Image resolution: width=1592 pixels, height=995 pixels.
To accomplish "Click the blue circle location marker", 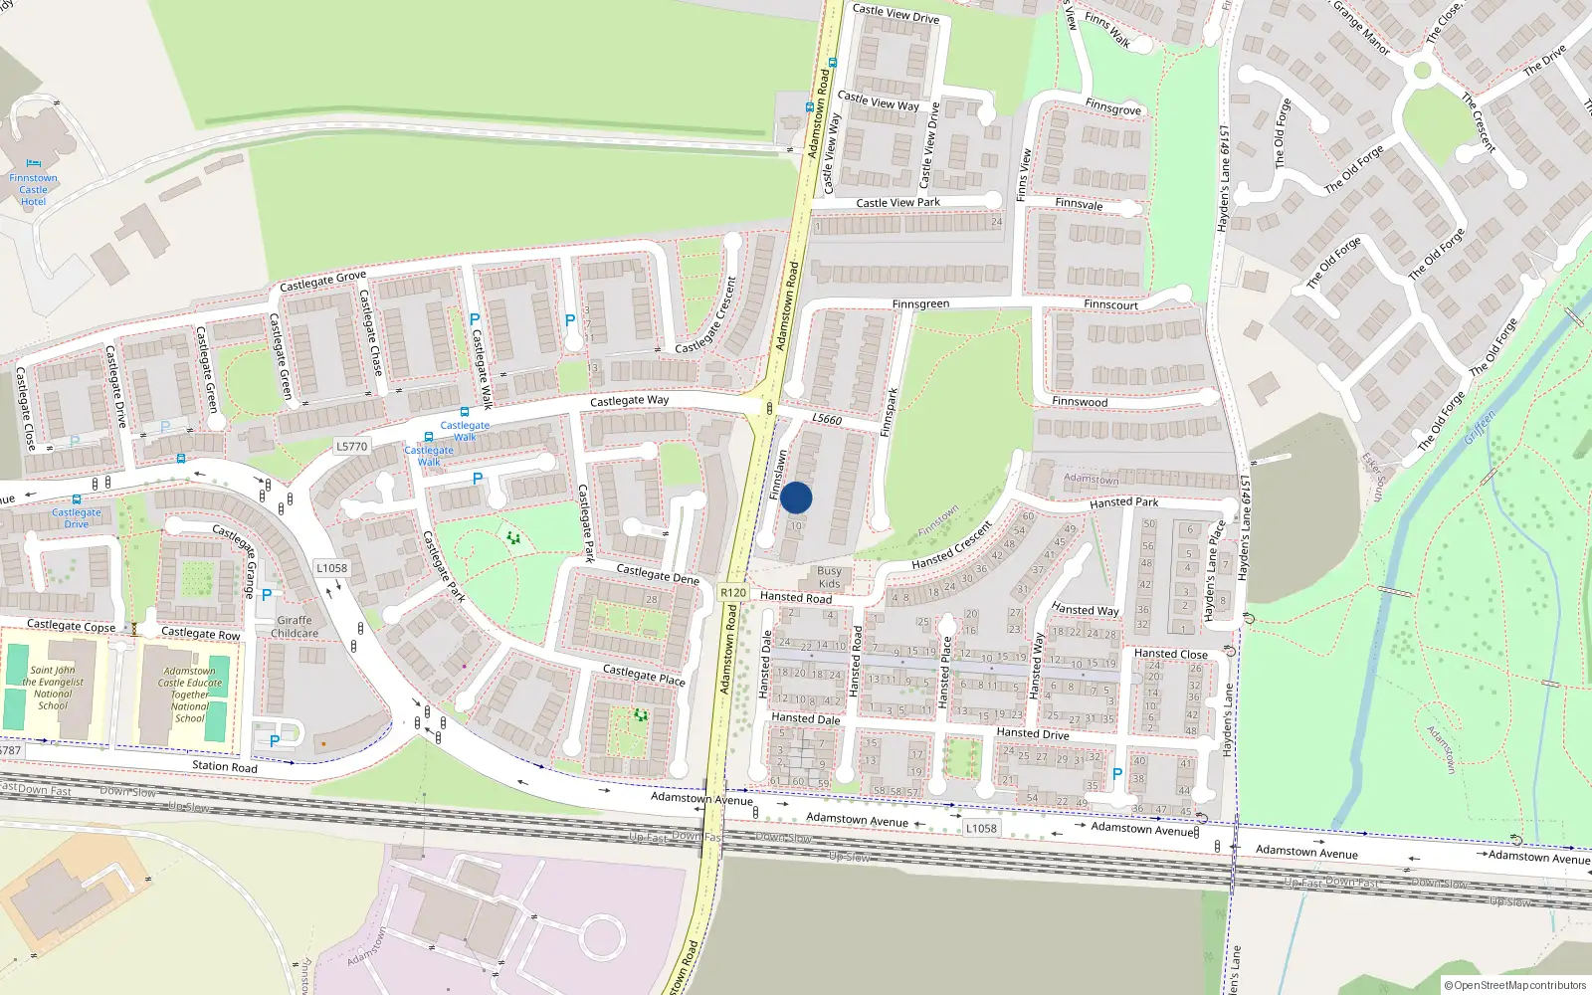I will pos(796,497).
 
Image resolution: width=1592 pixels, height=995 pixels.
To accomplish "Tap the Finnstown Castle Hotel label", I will pos(33,189).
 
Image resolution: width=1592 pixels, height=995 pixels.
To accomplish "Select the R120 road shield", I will pos(733,592).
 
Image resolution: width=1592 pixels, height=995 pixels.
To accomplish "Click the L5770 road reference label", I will pos(351,447).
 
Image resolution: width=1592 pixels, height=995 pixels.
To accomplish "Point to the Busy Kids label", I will pos(829,577).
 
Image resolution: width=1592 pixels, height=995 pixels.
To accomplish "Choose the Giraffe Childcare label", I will pos(295,627).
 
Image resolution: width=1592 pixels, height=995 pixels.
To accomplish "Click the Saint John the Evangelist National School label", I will pos(53,688).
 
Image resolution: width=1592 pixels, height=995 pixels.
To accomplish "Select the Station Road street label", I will pos(224,766).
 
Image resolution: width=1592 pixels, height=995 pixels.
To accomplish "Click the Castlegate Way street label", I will pos(629,401).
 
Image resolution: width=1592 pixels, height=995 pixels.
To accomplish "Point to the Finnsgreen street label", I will pos(920,304).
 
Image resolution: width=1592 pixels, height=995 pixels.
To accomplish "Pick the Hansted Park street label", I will pos(1123,502).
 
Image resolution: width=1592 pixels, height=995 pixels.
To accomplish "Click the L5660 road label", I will pos(827,419).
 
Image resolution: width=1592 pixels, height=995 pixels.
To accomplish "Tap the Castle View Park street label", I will pos(897,203).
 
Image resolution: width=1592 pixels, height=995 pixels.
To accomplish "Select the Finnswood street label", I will pos(1080,402).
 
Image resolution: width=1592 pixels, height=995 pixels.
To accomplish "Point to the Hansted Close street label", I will pos(1170,654).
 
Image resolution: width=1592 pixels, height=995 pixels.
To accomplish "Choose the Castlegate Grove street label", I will pos(322,282).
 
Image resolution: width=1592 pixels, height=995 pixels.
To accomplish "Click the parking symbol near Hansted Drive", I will pos(1116,774).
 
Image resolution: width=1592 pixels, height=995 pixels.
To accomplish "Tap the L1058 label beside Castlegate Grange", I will pos(331,568).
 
